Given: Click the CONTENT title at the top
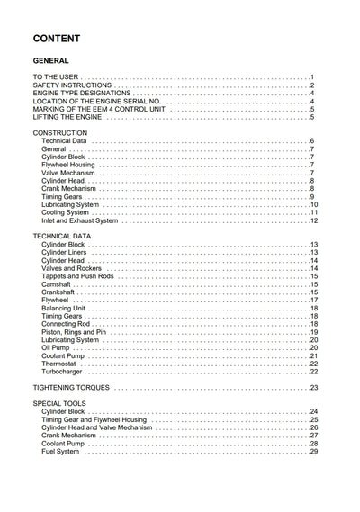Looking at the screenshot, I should point(56,40).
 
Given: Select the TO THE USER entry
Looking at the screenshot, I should point(58,77).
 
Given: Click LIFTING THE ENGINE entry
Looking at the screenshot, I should point(66,117).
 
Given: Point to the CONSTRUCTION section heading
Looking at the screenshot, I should point(60,133).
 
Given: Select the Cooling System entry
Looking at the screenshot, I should point(65,212).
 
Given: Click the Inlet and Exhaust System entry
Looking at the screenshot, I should point(79,220).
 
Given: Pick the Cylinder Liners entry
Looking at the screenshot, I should point(65,253).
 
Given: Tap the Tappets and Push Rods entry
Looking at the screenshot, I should point(76,276).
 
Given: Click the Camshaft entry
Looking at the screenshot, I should point(58,284).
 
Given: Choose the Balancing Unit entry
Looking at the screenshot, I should point(64,309).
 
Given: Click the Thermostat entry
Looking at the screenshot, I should point(59,364).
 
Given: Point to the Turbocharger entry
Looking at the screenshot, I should point(62,372).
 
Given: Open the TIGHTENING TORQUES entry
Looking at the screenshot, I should point(72,388).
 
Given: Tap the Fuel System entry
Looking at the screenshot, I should point(61,451).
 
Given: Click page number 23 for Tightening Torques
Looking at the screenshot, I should point(314,388).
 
